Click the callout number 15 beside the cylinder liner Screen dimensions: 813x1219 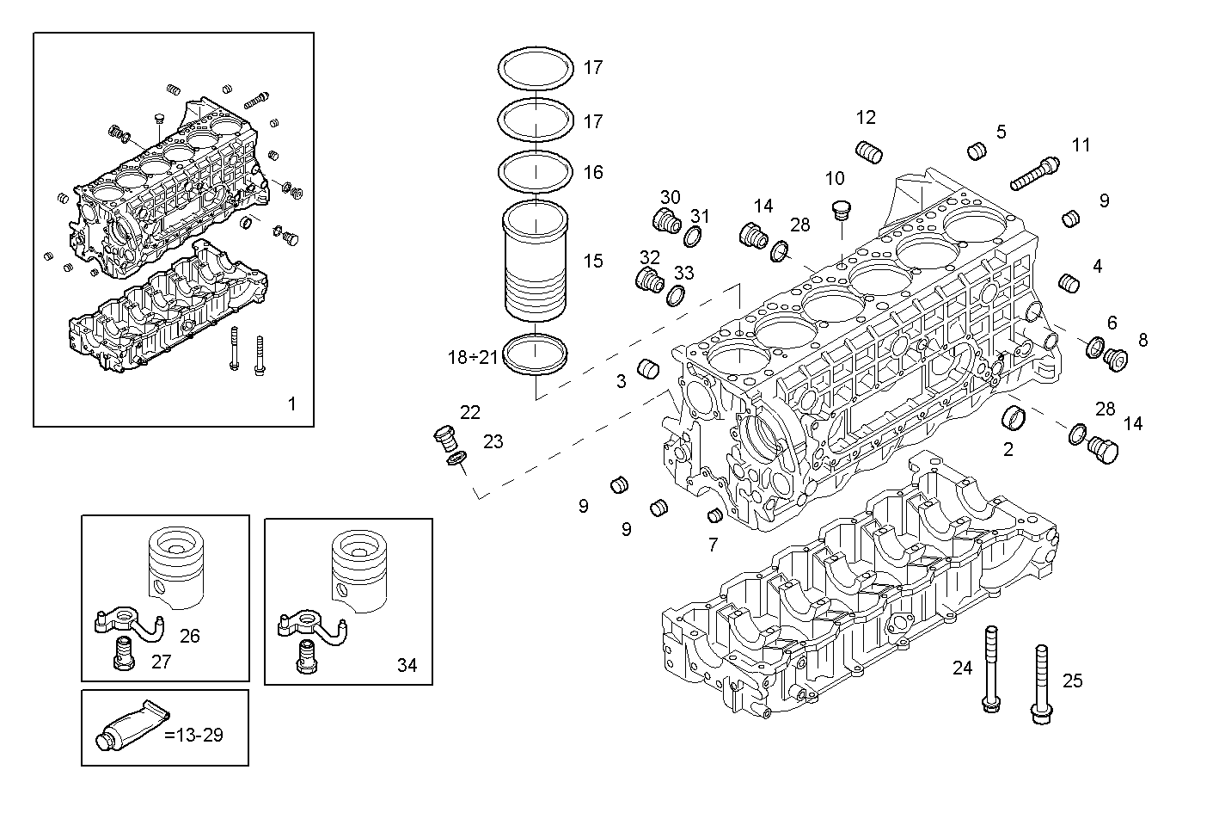point(593,262)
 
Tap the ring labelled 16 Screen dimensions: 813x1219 point(536,171)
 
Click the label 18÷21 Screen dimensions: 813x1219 point(473,357)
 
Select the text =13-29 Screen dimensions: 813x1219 point(193,736)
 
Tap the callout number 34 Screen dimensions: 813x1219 point(407,665)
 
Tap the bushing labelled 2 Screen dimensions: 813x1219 point(1016,419)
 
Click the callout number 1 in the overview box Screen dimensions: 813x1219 point(291,403)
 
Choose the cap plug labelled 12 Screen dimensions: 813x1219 point(870,152)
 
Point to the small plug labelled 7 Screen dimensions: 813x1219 point(713,516)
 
